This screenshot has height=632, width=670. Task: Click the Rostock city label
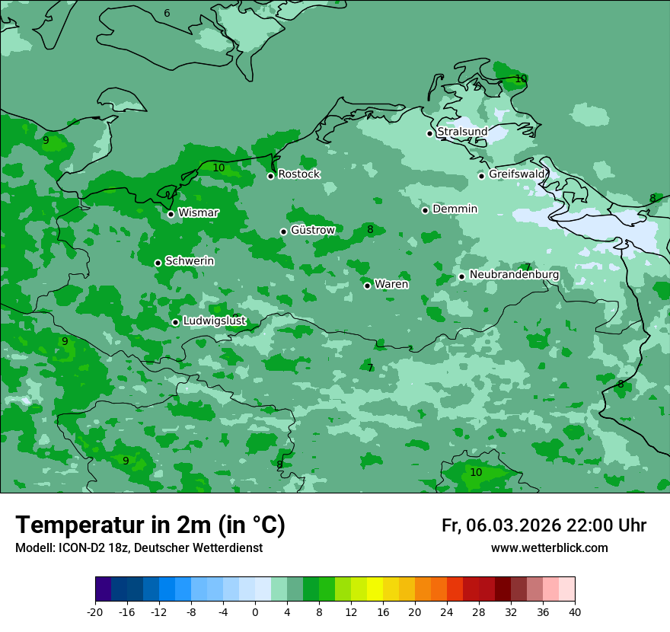298,174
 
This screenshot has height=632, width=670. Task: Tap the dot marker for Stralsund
429,133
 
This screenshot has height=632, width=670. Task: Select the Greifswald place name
517,174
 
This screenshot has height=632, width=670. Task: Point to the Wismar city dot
171,214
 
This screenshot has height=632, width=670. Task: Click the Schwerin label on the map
190,261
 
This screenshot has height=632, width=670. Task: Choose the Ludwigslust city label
214,321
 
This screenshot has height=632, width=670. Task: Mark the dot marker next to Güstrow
283,231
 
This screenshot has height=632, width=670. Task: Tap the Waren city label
391,285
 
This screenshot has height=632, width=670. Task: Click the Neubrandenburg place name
514,275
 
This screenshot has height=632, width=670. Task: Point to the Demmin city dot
425,210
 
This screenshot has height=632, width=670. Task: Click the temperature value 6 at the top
167,14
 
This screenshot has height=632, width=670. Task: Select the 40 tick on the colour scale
575,611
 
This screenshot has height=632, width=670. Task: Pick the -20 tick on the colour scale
95,611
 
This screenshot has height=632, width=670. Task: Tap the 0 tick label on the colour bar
255,611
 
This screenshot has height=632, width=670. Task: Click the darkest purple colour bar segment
104,589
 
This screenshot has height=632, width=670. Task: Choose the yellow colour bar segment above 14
375,589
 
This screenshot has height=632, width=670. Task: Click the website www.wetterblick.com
549,548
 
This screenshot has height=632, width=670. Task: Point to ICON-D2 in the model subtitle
83,548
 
